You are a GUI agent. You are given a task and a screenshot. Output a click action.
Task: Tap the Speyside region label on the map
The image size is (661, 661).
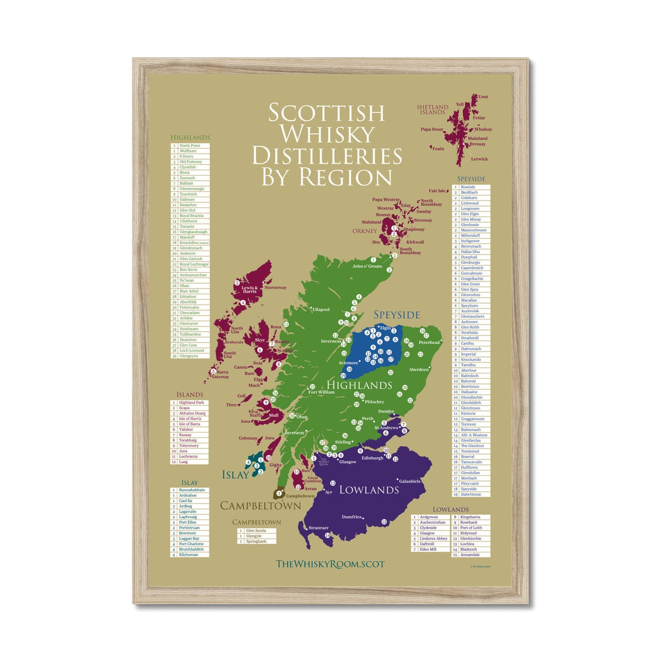click(x=397, y=315)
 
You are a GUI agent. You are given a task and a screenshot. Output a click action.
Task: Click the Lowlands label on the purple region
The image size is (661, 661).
click(x=369, y=490)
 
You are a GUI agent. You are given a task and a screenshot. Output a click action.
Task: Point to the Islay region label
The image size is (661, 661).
click(x=235, y=475)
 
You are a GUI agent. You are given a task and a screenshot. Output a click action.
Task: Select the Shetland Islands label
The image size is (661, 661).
click(x=431, y=110)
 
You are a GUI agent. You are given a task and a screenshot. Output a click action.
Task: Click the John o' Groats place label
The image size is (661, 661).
click(x=367, y=267)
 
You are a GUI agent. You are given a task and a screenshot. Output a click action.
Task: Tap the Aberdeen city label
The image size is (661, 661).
click(x=419, y=370)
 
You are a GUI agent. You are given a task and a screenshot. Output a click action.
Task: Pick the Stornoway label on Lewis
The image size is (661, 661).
click(x=275, y=288)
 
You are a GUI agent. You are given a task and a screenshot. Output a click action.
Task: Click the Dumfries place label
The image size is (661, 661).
click(x=351, y=517)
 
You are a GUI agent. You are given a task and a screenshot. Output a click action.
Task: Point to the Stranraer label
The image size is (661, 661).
click(x=318, y=528)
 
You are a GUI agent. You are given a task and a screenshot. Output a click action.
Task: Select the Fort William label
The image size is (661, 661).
click(x=321, y=392)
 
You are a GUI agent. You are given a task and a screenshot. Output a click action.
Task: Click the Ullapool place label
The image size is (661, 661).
click(x=321, y=310)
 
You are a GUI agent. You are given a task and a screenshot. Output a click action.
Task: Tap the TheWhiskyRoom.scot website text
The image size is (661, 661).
click(x=329, y=564)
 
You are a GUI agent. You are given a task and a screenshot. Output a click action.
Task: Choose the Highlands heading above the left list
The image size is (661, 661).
click(x=190, y=137)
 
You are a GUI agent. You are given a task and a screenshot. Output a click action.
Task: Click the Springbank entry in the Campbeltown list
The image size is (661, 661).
click(x=256, y=541)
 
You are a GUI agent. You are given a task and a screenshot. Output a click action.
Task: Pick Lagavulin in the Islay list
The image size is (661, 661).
click(x=188, y=512)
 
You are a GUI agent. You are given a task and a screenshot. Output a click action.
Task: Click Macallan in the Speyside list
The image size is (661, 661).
click(x=469, y=300)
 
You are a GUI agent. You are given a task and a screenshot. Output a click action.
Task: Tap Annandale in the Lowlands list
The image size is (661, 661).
click(x=470, y=555)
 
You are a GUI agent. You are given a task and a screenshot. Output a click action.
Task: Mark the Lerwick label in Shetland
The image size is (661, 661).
click(x=479, y=159)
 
